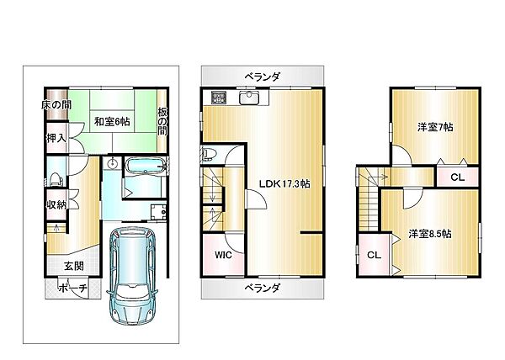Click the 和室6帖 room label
pyautogui.click(x=112, y=121)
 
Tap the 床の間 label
pyautogui.click(x=57, y=105)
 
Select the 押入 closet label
pyautogui.click(x=56, y=138)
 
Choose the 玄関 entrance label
pyautogui.click(x=72, y=266)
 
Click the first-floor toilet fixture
pyautogui.click(x=56, y=178)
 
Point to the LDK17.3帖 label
pyautogui.click(x=283, y=183)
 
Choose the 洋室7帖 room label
pyautogui.click(x=435, y=128)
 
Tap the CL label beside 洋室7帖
pyautogui.click(x=456, y=177)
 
